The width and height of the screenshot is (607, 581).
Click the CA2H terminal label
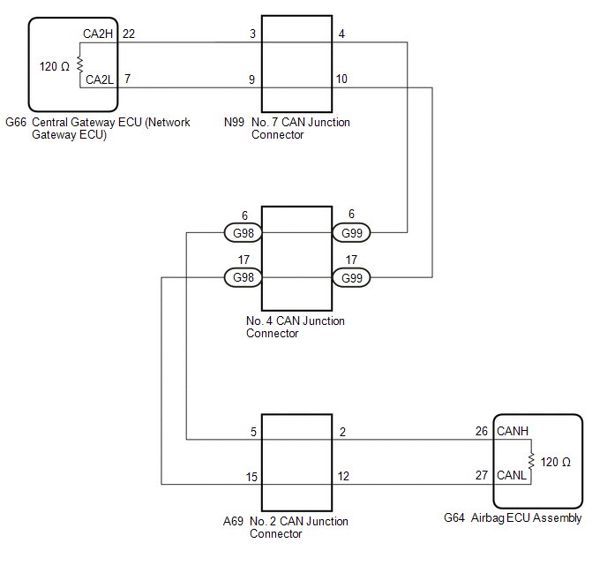click(99, 34)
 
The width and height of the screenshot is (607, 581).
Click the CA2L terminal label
click(99, 79)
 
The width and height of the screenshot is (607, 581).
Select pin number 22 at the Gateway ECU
click(129, 34)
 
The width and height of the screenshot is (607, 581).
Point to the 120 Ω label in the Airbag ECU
click(556, 462)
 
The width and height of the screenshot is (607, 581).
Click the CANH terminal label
click(513, 431)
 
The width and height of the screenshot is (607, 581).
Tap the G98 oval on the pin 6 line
click(243, 233)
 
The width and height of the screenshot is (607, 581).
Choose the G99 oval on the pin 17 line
click(352, 278)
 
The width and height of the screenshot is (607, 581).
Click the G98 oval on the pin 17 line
click(243, 278)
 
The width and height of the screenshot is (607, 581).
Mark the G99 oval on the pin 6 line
click(352, 233)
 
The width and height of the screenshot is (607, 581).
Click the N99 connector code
click(235, 123)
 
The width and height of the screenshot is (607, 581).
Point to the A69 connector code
click(235, 522)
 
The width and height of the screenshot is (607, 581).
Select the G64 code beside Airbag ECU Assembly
click(455, 518)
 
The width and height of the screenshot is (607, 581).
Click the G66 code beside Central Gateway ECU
click(16, 123)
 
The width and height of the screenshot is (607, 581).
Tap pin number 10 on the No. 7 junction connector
click(341, 79)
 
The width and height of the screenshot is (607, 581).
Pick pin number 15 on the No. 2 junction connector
click(251, 477)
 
